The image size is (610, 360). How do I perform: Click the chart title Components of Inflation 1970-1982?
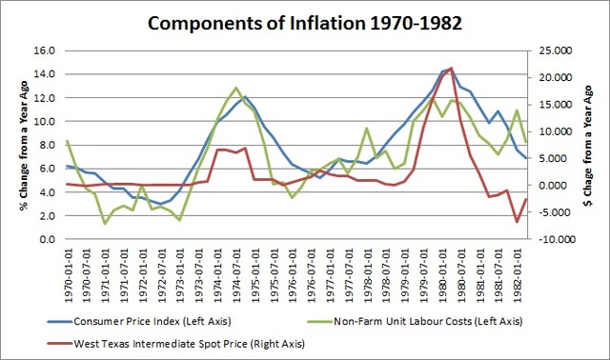coord(305,21)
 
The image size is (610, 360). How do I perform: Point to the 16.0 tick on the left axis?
coord(43,50)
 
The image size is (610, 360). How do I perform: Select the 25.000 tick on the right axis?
coord(557,50)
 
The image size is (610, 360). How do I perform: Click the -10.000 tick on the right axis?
coord(556,239)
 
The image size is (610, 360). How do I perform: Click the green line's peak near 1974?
coord(234,88)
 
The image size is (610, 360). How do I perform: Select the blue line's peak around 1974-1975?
coord(245,96)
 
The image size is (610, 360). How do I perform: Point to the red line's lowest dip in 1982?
coord(517,222)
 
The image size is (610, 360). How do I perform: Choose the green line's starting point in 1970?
coord(67,141)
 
